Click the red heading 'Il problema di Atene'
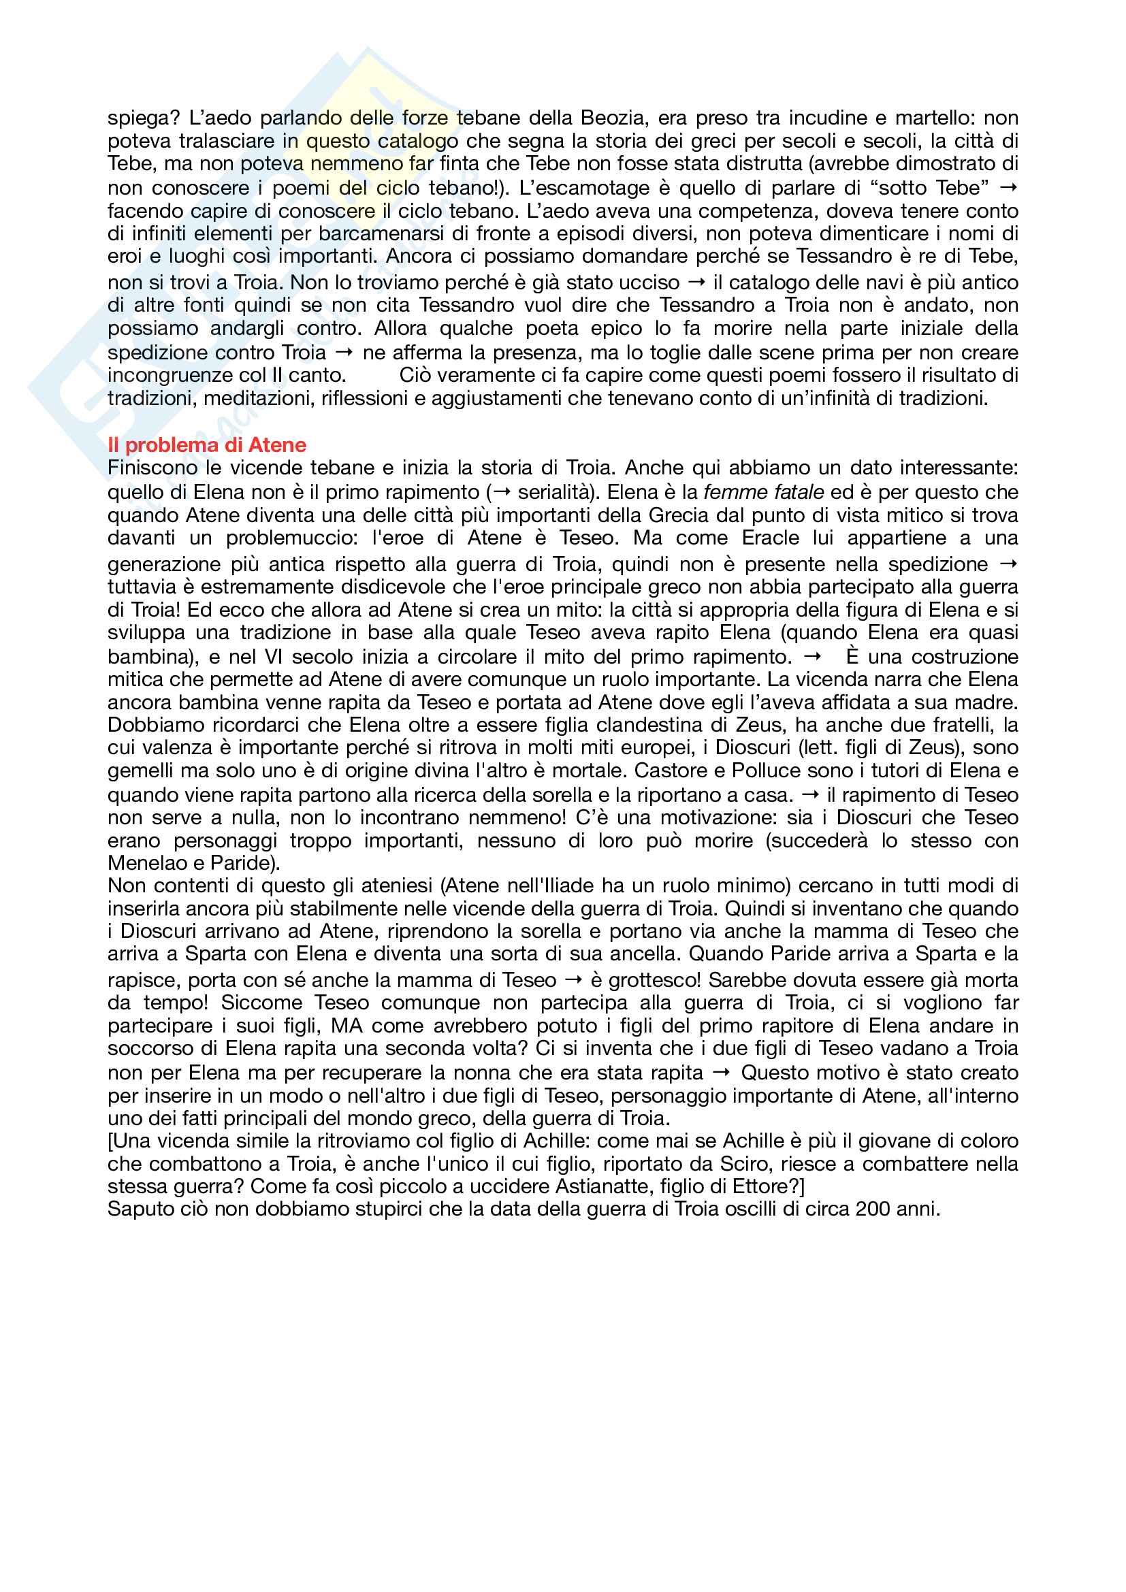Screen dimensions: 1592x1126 coord(207,444)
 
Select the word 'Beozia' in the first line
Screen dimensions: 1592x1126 coord(613,118)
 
